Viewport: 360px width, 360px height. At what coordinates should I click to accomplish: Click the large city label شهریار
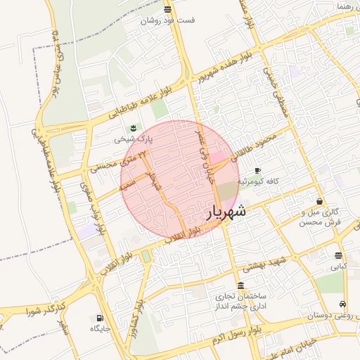[226, 211]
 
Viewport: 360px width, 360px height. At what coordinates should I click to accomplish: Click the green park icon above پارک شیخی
[132, 127]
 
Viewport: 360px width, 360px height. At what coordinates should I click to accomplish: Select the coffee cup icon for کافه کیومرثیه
[257, 171]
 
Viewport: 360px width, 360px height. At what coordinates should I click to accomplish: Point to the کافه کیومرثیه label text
[257, 181]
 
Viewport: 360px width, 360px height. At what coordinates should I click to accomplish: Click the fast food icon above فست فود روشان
[167, 9]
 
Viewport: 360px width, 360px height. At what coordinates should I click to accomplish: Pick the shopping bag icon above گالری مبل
[320, 202]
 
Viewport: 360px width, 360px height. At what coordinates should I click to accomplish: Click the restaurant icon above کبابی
[340, 256]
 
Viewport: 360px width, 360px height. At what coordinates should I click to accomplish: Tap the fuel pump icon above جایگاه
[95, 317]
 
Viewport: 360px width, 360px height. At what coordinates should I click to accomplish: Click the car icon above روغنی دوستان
[342, 304]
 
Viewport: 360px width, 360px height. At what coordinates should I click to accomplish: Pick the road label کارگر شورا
[45, 308]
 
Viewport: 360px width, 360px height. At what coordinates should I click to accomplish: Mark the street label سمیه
[127, 186]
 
